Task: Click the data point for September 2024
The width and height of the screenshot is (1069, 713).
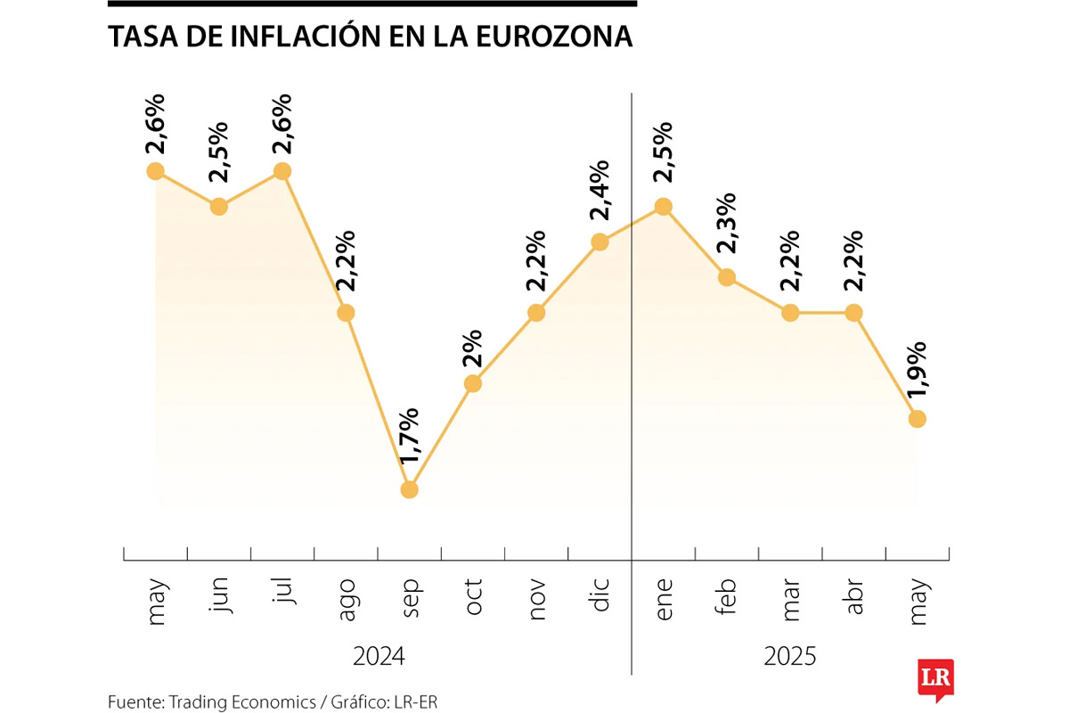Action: tap(410, 489)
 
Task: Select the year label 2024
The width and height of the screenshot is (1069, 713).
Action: tap(379, 657)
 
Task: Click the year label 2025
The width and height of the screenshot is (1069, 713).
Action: tap(790, 657)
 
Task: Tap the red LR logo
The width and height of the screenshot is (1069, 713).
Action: tap(936, 678)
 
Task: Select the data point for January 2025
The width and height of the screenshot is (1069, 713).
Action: tap(663, 206)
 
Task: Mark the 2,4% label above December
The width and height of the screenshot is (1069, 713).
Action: tap(600, 190)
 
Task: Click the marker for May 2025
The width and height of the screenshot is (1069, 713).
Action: tap(917, 418)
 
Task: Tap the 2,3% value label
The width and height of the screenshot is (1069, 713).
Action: tap(727, 225)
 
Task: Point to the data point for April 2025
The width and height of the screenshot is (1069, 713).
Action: tap(853, 313)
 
